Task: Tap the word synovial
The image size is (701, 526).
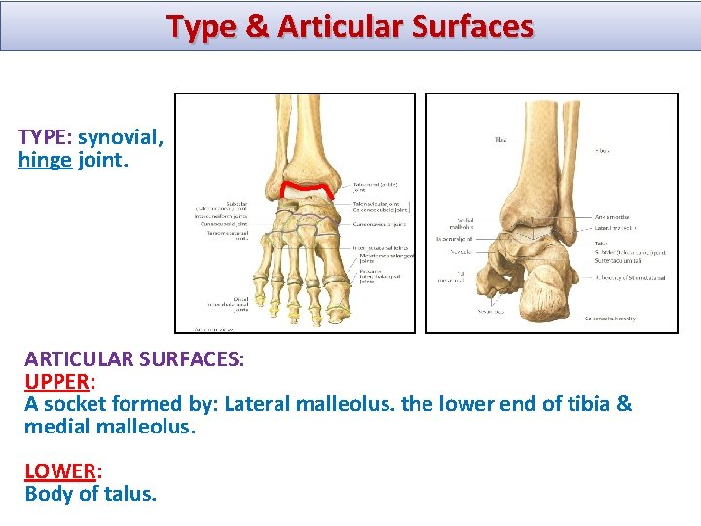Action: point(121,138)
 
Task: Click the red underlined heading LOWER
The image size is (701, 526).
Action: point(58,471)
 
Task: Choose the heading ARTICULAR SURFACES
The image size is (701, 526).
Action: point(134,358)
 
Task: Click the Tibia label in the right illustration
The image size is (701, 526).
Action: point(499,140)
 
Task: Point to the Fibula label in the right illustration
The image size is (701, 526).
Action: point(605,152)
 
